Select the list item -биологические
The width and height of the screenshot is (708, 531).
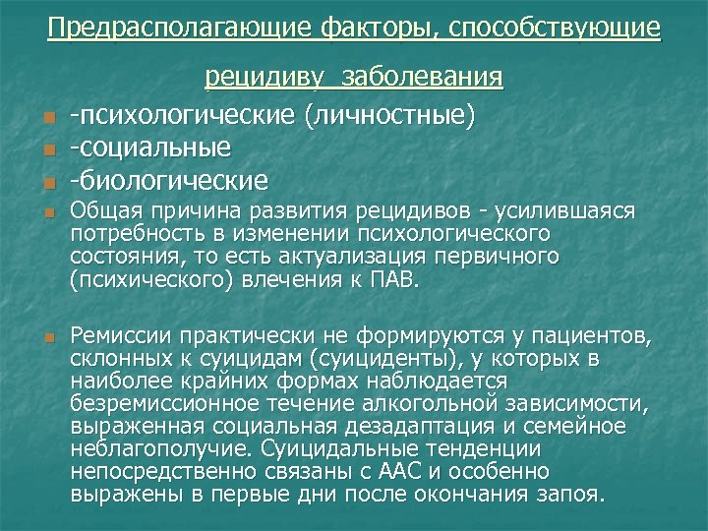point(168,180)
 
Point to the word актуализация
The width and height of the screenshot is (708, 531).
point(381,257)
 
